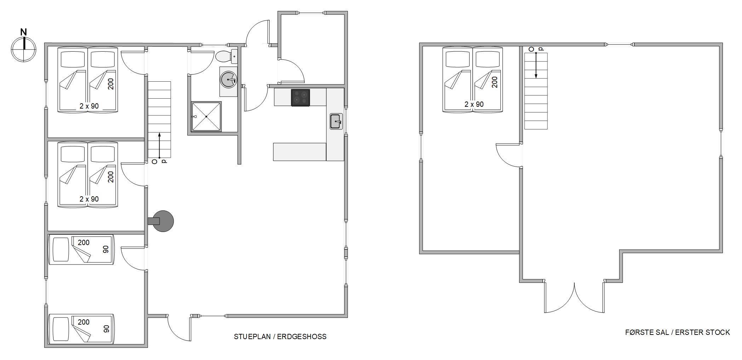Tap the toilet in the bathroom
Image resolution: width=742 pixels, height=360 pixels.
click(226, 56)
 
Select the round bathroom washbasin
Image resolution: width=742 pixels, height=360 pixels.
click(228, 80)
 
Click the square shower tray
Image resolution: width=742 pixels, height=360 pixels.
click(206, 116)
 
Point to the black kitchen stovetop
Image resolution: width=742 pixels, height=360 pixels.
click(300, 98)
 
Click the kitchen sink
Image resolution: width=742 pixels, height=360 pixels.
click(336, 121)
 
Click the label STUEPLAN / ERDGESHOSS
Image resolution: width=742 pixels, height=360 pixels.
click(280, 337)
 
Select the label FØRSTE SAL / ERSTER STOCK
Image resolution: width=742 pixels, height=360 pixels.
click(677, 332)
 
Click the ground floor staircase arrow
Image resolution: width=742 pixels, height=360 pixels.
click(160, 145)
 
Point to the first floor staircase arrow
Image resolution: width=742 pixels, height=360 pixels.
click(536, 65)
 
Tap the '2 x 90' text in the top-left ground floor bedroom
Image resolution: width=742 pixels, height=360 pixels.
click(89, 106)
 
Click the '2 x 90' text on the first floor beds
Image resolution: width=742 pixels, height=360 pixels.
click(474, 104)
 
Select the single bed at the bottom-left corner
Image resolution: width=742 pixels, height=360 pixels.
click(81, 329)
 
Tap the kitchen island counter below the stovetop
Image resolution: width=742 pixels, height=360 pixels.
click(299, 152)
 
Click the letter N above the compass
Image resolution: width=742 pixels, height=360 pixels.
click(24, 32)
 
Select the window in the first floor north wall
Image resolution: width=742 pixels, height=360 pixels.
click(619, 45)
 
